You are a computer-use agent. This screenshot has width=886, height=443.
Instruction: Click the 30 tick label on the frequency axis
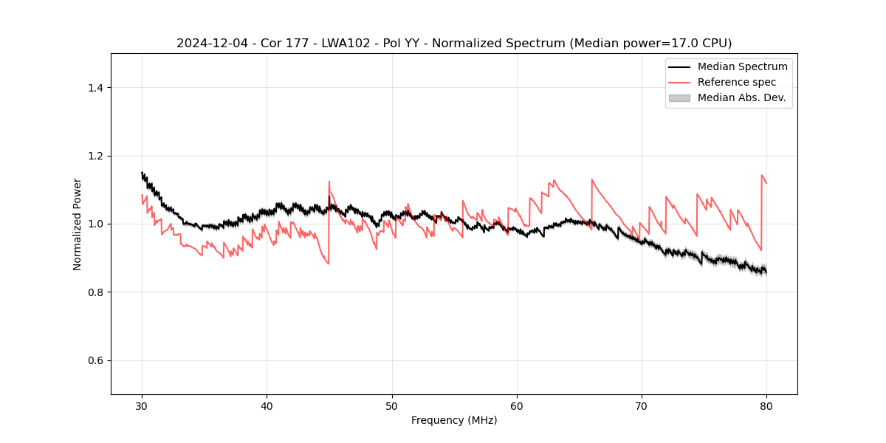(142, 405)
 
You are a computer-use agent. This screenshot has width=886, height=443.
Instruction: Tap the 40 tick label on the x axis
(267, 405)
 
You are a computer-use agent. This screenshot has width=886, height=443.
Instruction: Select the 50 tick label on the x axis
(392, 405)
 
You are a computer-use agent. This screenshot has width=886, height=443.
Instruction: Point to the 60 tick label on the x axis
(517, 405)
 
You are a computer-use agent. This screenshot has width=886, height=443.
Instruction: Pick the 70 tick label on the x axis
(642, 405)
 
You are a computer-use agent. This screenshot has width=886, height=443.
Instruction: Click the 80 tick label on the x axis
(766, 405)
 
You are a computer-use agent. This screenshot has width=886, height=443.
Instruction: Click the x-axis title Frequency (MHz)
(454, 420)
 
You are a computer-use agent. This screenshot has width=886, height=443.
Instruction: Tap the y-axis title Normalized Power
(78, 224)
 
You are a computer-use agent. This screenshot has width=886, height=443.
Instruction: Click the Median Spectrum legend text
(742, 66)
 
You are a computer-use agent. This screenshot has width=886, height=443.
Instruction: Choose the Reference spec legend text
(737, 82)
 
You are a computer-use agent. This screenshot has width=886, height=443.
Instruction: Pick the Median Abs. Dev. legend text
(741, 97)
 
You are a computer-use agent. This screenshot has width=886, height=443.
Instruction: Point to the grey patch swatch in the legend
(679, 97)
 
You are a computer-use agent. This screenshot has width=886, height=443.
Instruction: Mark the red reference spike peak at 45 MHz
(329, 182)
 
